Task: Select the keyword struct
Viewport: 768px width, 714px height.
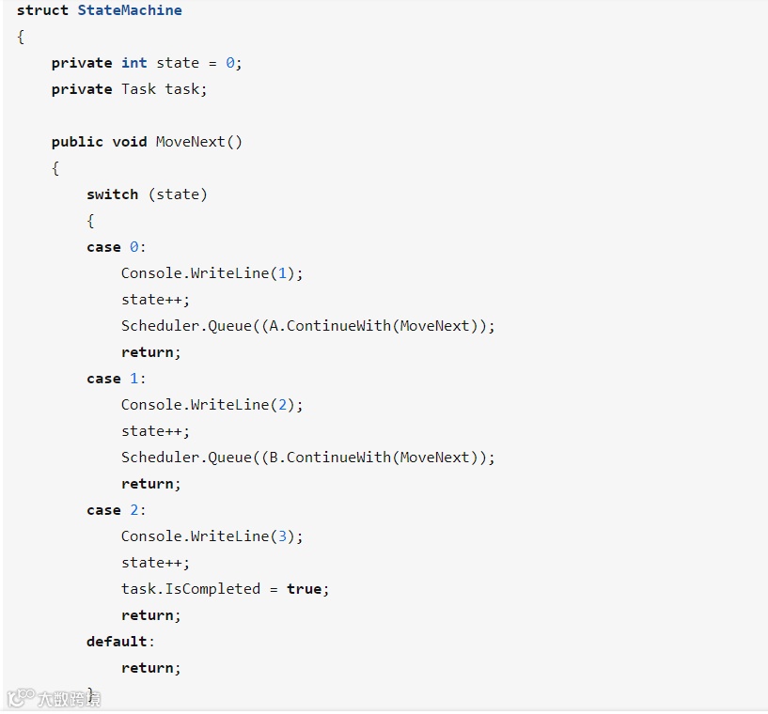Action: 42,10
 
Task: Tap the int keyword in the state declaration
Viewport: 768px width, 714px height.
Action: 133,63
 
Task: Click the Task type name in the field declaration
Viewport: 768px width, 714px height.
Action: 138,89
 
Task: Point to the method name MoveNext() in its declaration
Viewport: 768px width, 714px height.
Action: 198,142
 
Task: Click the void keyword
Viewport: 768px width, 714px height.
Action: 130,142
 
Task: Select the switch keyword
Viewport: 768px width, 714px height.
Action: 112,194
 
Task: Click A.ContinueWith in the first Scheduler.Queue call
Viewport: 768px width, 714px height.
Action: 329,326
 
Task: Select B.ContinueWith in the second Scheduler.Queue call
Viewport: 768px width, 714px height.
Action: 329,458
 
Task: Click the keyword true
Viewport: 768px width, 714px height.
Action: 304,589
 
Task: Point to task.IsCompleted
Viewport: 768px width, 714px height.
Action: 190,589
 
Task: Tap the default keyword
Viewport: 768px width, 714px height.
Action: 117,642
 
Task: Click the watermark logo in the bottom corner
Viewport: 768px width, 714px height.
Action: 21,698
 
